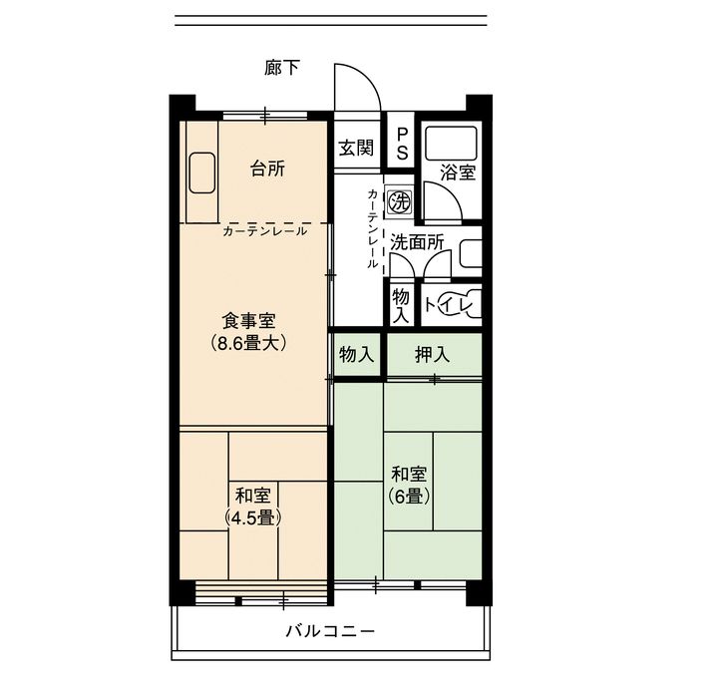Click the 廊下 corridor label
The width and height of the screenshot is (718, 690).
(x=282, y=68)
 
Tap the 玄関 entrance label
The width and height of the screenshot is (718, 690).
(x=356, y=148)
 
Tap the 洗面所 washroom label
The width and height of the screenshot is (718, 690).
(x=417, y=242)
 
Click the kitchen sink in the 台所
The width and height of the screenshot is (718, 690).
(x=201, y=173)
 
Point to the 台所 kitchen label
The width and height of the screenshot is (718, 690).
(x=267, y=169)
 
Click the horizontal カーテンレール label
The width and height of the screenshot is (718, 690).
(x=265, y=231)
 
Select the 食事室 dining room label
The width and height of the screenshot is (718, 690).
(x=248, y=321)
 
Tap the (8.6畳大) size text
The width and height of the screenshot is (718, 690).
(x=248, y=343)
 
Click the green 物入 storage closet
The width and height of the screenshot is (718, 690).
(x=356, y=354)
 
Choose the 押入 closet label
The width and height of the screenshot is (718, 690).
(x=432, y=354)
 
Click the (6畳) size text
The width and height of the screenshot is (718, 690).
(x=409, y=496)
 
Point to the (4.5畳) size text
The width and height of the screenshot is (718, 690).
(x=252, y=517)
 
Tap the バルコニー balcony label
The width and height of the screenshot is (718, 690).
(x=331, y=631)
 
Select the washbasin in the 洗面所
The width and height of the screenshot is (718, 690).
(x=470, y=253)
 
